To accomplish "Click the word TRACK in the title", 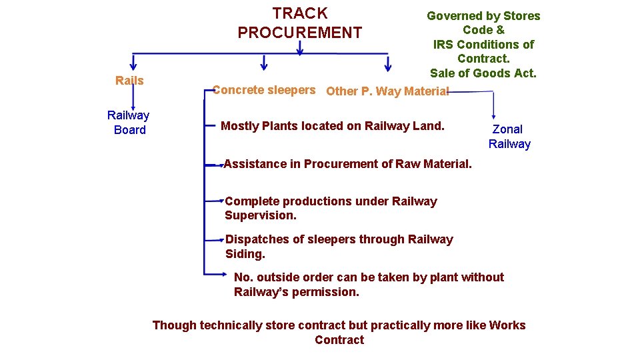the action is point(300,13).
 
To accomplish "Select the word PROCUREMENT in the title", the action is point(300,33).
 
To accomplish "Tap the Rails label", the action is point(129,81).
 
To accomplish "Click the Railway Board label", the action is point(129,123).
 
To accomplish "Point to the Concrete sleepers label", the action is point(264,90).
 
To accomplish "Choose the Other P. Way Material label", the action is point(387,91).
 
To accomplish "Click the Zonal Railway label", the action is point(509,137).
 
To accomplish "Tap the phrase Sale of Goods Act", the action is point(483,73).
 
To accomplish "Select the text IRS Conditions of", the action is point(483,45).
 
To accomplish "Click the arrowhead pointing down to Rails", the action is point(133,65).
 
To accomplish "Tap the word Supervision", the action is point(261,215).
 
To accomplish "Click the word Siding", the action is point(245,254).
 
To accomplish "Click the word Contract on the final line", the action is point(339,340).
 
